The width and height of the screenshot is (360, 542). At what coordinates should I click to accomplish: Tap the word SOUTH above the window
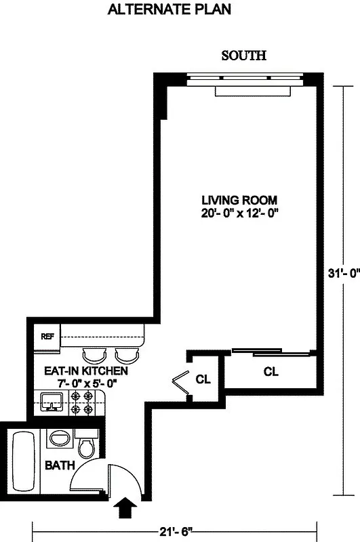click(243, 56)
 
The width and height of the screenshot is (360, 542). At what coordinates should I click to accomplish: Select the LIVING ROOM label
click(239, 201)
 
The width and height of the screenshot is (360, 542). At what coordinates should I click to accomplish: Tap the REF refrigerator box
click(47, 336)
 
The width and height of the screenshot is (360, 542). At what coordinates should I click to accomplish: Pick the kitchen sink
click(50, 404)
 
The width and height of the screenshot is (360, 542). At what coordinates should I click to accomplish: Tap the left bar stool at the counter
click(94, 354)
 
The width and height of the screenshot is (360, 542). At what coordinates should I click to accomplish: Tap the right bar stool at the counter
click(126, 354)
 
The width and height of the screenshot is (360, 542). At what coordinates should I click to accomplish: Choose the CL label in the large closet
click(271, 372)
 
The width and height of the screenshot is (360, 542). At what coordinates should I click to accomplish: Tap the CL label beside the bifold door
click(203, 379)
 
